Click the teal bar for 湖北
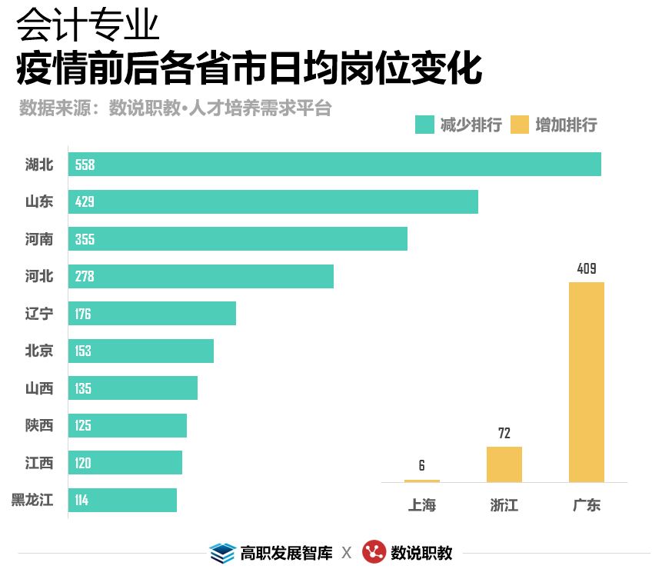[x=334, y=165]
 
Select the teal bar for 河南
[x=238, y=238]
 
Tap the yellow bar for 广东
[x=587, y=382]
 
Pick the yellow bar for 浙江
[x=504, y=464]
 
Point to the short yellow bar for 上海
[x=422, y=481]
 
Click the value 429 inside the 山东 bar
[x=85, y=202]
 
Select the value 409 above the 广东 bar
[x=587, y=269]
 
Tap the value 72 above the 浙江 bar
[x=504, y=433]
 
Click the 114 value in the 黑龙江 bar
[x=82, y=501]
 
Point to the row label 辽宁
[x=39, y=314]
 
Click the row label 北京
[x=39, y=351]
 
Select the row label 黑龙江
[x=32, y=501]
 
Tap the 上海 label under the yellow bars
[x=422, y=505]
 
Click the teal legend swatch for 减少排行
[x=424, y=125]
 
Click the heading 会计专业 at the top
[x=88, y=26]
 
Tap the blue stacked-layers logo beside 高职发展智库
[x=222, y=552]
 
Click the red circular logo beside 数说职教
[x=374, y=552]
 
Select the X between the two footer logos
[x=347, y=553]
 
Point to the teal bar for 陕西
[x=128, y=425]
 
